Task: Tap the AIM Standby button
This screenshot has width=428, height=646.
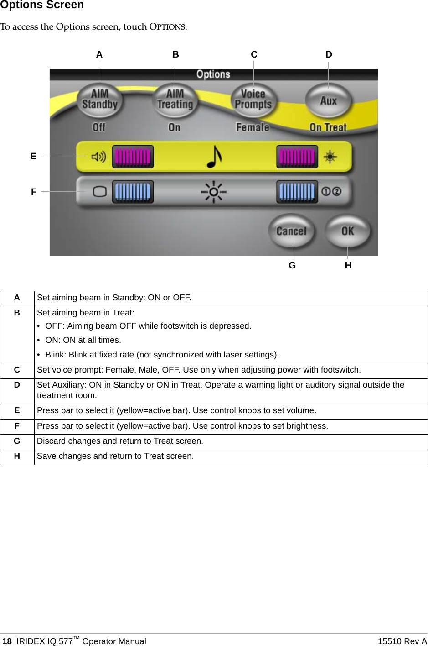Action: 100,100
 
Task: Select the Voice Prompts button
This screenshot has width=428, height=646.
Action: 253,100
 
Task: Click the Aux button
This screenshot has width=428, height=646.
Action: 328,100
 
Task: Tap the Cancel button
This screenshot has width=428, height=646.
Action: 291,231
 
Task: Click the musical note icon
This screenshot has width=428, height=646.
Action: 214,157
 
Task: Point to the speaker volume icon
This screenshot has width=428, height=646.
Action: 98,157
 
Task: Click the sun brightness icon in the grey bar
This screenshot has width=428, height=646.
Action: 213,192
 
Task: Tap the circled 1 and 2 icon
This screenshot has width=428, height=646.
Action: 331,191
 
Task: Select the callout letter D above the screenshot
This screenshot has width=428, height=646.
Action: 329,55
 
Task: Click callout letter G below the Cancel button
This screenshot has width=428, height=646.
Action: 292,265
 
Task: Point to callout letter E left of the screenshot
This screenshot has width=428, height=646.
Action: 33,156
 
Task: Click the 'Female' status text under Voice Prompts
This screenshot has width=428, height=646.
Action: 253,127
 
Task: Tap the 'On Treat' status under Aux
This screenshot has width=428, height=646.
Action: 328,127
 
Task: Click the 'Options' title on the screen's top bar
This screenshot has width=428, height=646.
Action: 213,74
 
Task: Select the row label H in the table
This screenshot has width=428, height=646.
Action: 17,456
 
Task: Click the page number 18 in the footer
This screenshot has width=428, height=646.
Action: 7,641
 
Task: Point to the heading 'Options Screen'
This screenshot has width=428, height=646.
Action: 42,5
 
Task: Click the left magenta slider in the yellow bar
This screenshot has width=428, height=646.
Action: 133,157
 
